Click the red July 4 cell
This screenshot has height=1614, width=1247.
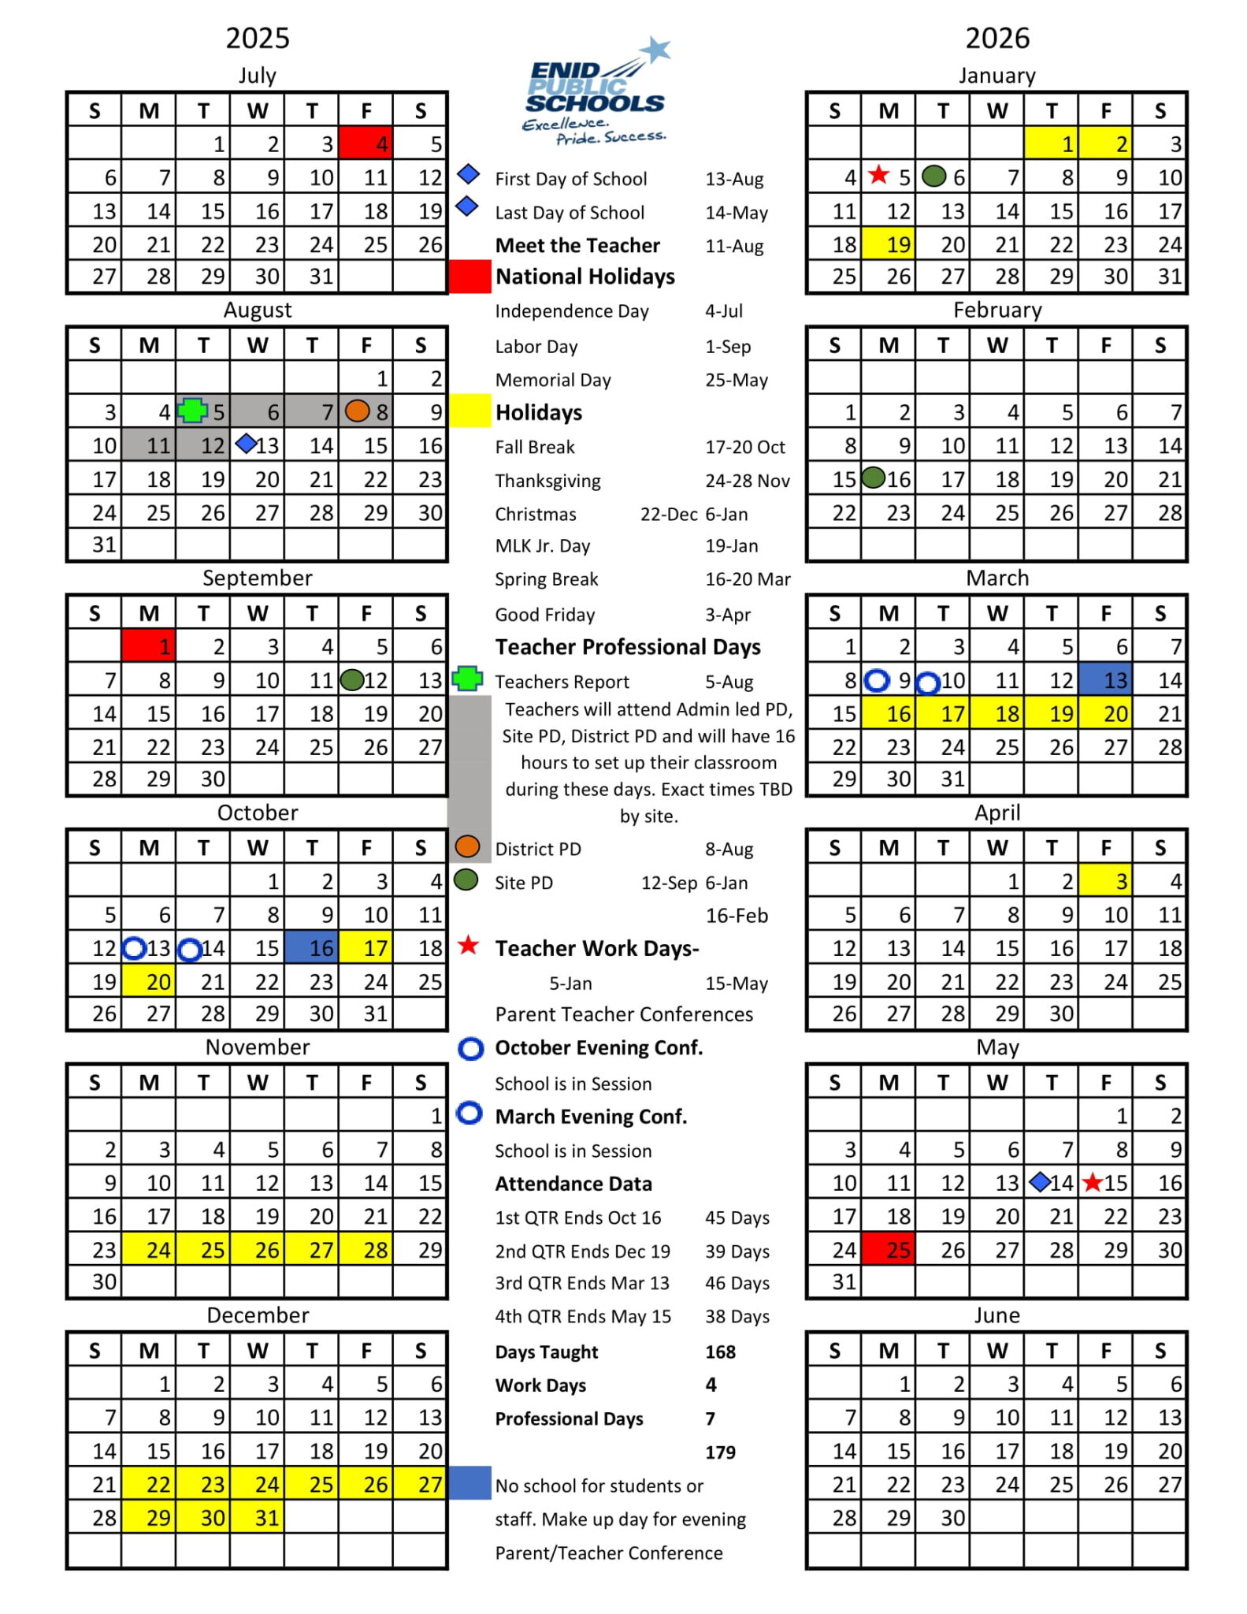click(x=366, y=143)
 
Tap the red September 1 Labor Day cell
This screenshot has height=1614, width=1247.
click(x=149, y=646)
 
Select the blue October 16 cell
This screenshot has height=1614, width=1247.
click(x=312, y=947)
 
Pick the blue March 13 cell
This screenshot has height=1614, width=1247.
click(x=1105, y=679)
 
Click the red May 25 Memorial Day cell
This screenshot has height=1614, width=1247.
click(x=889, y=1249)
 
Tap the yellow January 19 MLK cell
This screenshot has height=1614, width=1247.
click(x=889, y=244)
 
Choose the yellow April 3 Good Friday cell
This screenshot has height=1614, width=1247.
click(x=1105, y=880)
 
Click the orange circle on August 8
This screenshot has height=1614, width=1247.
click(x=357, y=411)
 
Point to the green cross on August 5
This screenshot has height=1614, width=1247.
click(x=191, y=411)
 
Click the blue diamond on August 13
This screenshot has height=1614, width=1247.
click(x=246, y=444)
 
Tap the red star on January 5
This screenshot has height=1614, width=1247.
click(x=878, y=175)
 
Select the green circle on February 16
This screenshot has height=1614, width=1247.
click(x=874, y=478)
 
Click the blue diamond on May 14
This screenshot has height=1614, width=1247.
click(x=1039, y=1181)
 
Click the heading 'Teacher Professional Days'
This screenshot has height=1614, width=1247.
click(x=628, y=647)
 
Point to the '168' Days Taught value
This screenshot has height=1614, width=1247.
click(x=720, y=1352)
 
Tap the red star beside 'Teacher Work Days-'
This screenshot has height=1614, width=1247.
click(x=469, y=946)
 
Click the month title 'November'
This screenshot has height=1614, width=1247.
click(x=258, y=1047)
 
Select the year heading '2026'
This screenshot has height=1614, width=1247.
click(x=997, y=38)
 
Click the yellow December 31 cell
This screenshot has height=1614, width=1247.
click(x=258, y=1517)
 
